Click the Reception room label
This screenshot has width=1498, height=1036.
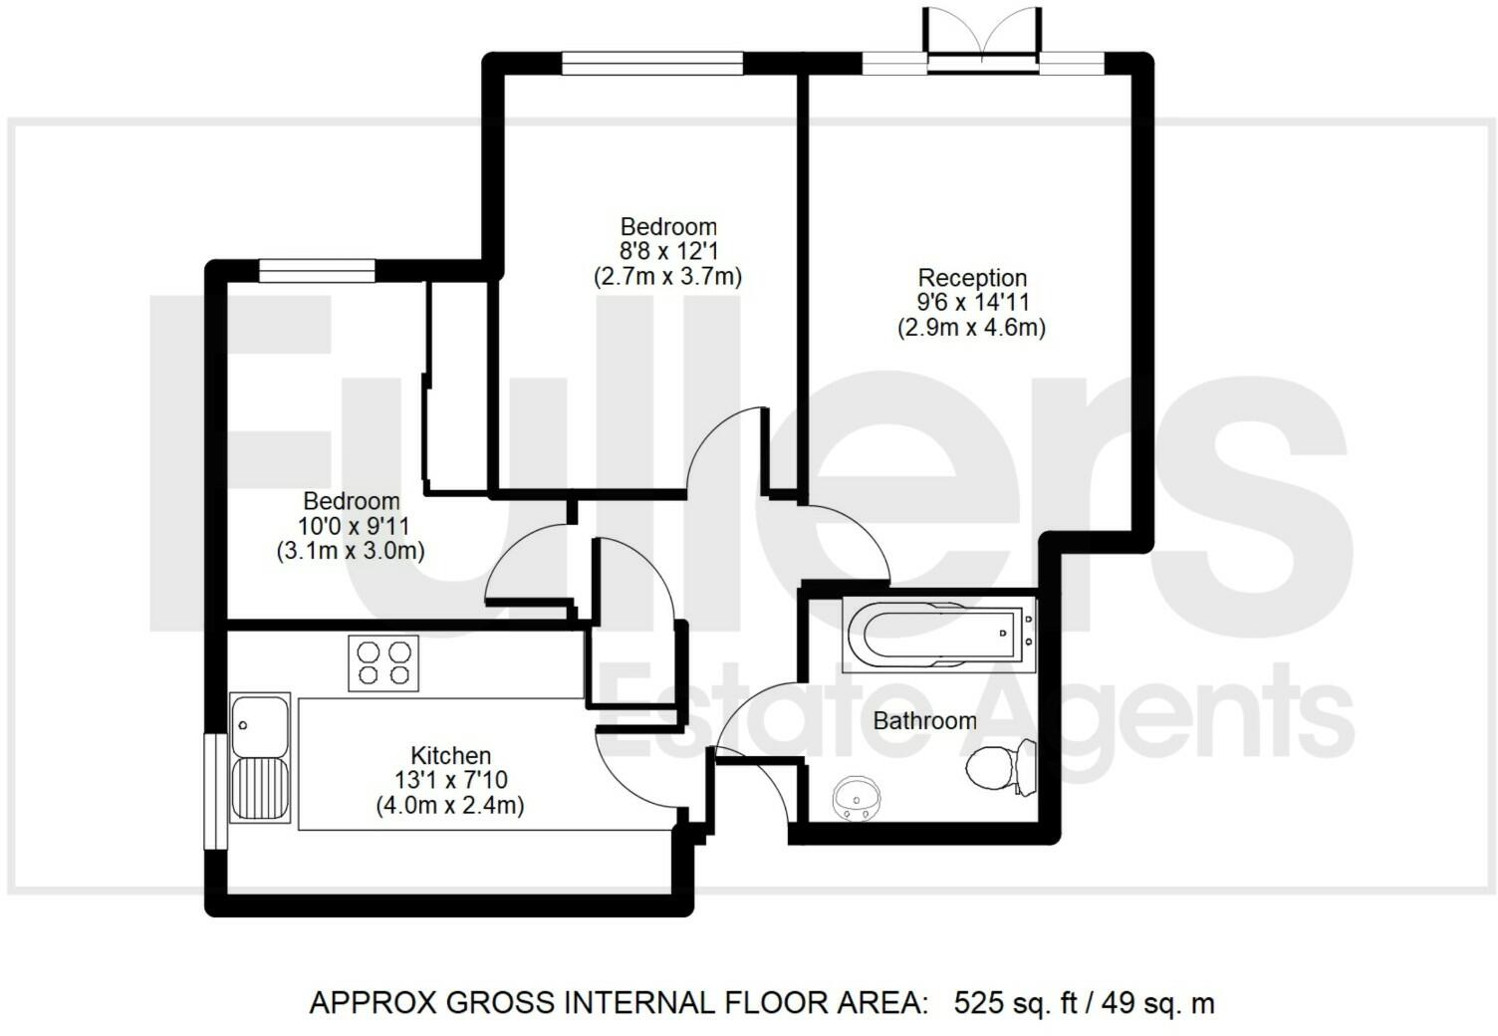click(972, 278)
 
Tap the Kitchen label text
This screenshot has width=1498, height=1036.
click(451, 756)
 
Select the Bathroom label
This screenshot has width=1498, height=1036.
click(925, 721)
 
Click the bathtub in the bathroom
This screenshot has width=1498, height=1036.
click(939, 635)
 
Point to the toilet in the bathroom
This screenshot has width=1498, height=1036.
click(1001, 766)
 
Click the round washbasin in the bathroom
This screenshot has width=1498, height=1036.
click(855, 798)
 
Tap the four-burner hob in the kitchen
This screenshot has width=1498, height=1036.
click(383, 662)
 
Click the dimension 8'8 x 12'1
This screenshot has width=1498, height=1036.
click(668, 251)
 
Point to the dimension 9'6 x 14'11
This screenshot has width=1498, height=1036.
click(972, 302)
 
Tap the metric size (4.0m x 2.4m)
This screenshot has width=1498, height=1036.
click(450, 805)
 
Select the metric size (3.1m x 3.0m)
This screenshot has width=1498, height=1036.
click(351, 551)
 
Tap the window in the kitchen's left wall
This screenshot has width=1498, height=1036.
click(215, 792)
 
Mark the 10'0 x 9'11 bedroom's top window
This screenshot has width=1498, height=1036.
click(317, 271)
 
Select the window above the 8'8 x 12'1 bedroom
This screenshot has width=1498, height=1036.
click(652, 63)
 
